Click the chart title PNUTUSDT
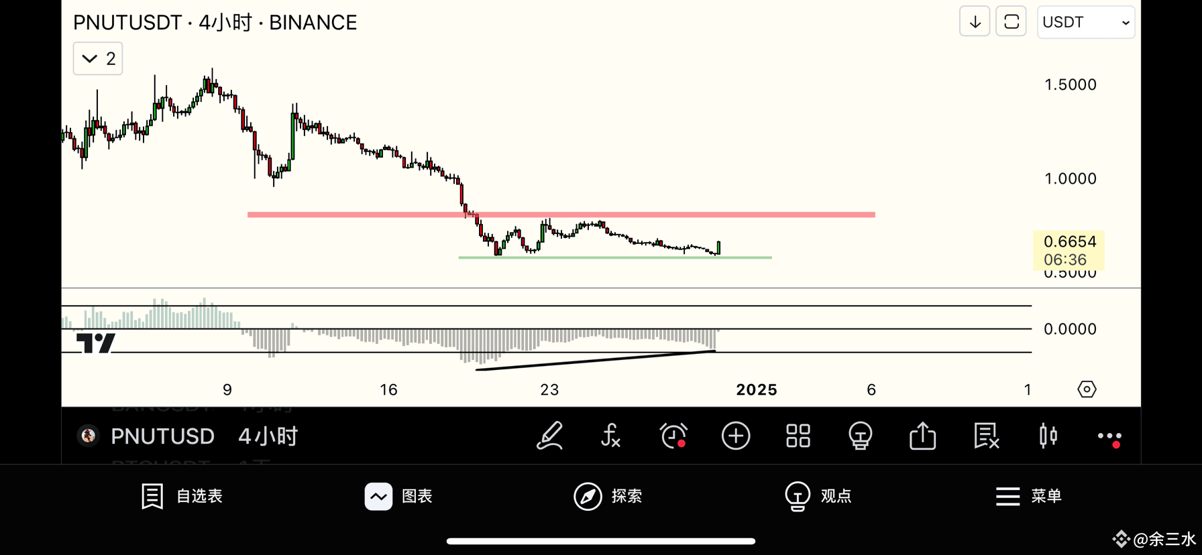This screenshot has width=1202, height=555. click(x=127, y=23)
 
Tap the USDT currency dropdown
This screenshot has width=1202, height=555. click(x=1085, y=23)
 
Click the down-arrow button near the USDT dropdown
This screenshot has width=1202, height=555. click(x=975, y=22)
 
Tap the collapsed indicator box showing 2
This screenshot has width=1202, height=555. click(x=98, y=59)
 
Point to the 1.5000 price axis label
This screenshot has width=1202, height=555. click(x=1070, y=84)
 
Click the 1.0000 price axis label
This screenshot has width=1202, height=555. click(x=1070, y=178)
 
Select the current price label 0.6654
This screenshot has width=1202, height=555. click(x=1069, y=242)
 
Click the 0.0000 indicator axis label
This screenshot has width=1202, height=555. click(x=1070, y=329)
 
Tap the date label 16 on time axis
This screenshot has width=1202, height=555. click(x=388, y=390)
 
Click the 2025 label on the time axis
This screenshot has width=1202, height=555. click(x=756, y=390)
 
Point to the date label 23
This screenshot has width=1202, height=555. click(x=549, y=390)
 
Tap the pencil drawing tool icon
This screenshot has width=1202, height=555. click(x=549, y=436)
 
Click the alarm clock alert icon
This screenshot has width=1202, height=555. click(x=673, y=436)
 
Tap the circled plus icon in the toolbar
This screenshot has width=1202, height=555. click(x=736, y=436)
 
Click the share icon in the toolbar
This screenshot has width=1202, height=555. click(x=922, y=436)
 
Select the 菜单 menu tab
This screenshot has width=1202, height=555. click(x=1028, y=496)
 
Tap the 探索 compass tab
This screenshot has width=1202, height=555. click(x=608, y=496)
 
